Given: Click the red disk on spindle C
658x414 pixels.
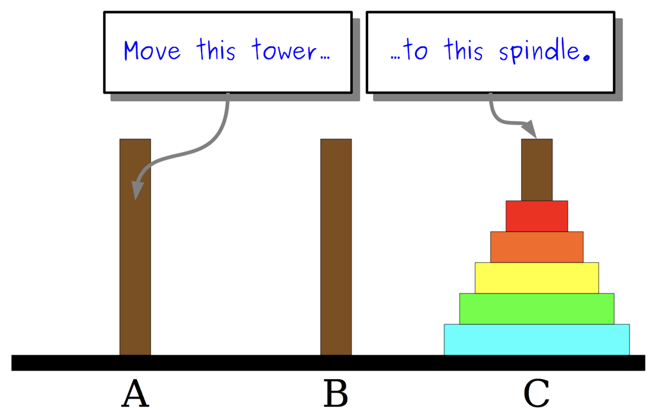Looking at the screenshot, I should [x=536, y=216].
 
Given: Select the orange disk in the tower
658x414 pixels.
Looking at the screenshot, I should [x=536, y=247].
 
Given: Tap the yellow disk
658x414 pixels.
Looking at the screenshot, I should [x=536, y=278].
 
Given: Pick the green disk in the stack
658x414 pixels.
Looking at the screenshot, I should [x=536, y=308].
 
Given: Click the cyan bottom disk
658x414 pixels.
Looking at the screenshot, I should [x=536, y=339].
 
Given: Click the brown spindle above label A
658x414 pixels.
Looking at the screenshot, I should [x=135, y=267].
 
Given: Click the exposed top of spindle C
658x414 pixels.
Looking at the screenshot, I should [x=536, y=169].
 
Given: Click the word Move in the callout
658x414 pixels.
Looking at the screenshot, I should [x=152, y=51].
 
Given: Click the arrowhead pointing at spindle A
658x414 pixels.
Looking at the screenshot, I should [x=137, y=189].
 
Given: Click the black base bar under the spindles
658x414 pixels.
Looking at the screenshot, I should [x=328, y=362].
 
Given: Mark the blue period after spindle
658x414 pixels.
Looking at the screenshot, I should [x=587, y=58].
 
